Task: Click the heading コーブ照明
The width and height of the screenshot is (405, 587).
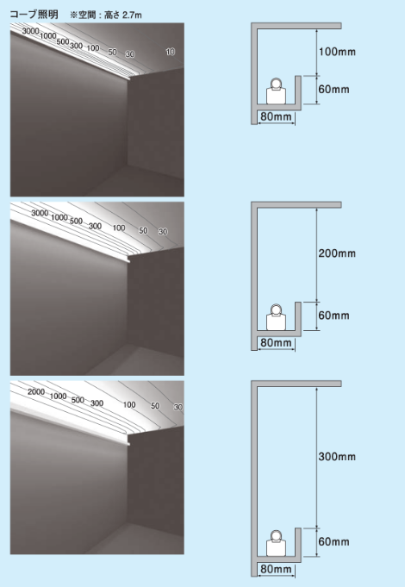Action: click(x=34, y=15)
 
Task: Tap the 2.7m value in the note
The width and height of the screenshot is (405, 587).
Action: click(x=132, y=15)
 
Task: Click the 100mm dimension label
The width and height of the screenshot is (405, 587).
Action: click(x=337, y=52)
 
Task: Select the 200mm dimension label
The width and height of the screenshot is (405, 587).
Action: click(x=337, y=253)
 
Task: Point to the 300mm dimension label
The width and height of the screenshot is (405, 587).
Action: click(x=337, y=456)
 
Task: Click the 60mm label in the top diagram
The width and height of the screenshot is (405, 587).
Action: click(x=333, y=89)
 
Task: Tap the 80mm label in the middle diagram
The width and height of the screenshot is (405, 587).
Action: click(x=276, y=342)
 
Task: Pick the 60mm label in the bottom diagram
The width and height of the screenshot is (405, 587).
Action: click(x=333, y=541)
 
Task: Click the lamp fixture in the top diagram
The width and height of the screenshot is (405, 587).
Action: click(x=277, y=91)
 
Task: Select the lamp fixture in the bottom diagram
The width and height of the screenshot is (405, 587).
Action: click(x=277, y=543)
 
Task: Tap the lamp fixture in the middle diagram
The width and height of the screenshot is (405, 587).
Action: click(x=277, y=317)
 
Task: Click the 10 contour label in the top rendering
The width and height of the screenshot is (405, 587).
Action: click(x=171, y=52)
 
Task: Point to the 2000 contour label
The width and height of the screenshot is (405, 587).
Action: click(x=36, y=391)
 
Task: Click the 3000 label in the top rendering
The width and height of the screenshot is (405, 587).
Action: click(x=30, y=31)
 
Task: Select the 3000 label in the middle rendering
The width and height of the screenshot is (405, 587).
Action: click(x=40, y=213)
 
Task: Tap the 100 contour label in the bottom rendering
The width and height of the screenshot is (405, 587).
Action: click(x=129, y=404)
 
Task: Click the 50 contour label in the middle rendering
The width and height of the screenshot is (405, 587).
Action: click(x=143, y=231)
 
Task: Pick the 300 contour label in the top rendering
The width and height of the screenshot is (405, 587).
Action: click(x=76, y=46)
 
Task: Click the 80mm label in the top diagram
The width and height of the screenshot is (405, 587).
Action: click(x=276, y=116)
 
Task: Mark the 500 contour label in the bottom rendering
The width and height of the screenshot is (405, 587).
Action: click(x=78, y=400)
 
